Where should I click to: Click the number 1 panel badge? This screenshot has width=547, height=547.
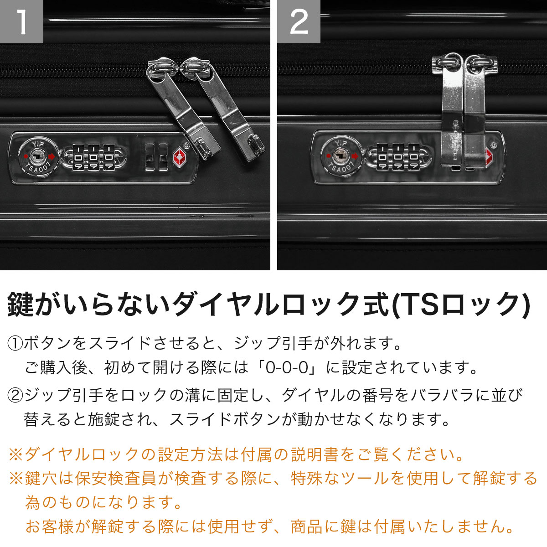(x=21, y=21)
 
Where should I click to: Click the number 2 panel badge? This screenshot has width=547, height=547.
(x=299, y=21)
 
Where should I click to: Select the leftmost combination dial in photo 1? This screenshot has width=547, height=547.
(x=77, y=158)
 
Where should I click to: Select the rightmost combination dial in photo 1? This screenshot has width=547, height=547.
(x=108, y=158)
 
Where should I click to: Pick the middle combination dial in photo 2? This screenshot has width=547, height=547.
(x=398, y=157)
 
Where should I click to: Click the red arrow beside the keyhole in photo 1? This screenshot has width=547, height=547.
(x=52, y=156)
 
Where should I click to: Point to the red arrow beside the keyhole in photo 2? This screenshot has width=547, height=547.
(x=355, y=156)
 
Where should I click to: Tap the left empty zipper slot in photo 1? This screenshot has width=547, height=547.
(x=150, y=157)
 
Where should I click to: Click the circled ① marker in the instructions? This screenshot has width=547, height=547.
(x=15, y=343)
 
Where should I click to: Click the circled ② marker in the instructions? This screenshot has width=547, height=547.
(x=15, y=395)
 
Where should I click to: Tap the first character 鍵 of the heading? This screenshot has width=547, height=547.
(x=20, y=305)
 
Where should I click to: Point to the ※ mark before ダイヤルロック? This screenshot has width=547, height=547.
(x=16, y=455)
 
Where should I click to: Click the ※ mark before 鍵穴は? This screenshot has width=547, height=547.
(x=16, y=479)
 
